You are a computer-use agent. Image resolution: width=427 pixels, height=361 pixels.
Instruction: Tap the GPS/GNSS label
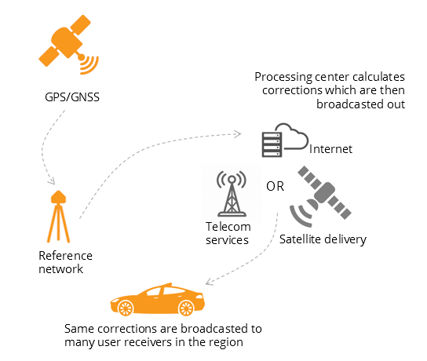tap(69, 100)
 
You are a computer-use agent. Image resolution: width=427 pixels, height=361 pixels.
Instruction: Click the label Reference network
tap(65, 262)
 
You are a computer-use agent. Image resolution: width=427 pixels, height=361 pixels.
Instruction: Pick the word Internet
tap(332, 149)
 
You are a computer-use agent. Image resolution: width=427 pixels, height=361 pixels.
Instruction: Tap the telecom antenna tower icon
tap(232, 192)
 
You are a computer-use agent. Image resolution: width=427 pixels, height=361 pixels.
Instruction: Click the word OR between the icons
tap(275, 187)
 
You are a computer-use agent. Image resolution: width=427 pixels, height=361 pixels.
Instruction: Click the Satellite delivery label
tap(323, 239)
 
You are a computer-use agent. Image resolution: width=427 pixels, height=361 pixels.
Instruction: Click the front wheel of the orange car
tap(187, 306)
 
